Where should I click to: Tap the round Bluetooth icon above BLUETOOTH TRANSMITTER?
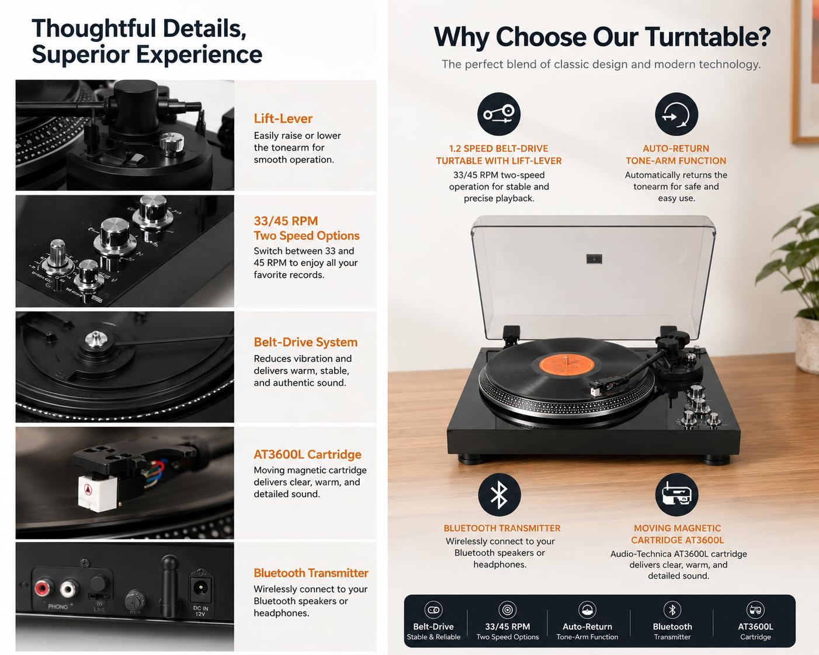[499, 494]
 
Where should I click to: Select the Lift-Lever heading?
[283, 119]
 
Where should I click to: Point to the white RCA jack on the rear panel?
[70, 589]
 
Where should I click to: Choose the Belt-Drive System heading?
[306, 342]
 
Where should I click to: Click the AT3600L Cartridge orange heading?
[307, 454]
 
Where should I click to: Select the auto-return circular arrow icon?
[676, 114]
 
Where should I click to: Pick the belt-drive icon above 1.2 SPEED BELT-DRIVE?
[499, 114]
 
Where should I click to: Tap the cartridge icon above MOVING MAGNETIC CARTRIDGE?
[676, 494]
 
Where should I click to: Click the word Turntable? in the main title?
[709, 37]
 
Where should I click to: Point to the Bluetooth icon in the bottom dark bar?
[672, 609]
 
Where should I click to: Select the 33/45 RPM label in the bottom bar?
[507, 626]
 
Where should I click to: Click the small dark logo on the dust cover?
[594, 259]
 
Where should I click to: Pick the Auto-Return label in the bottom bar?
[587, 626]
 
